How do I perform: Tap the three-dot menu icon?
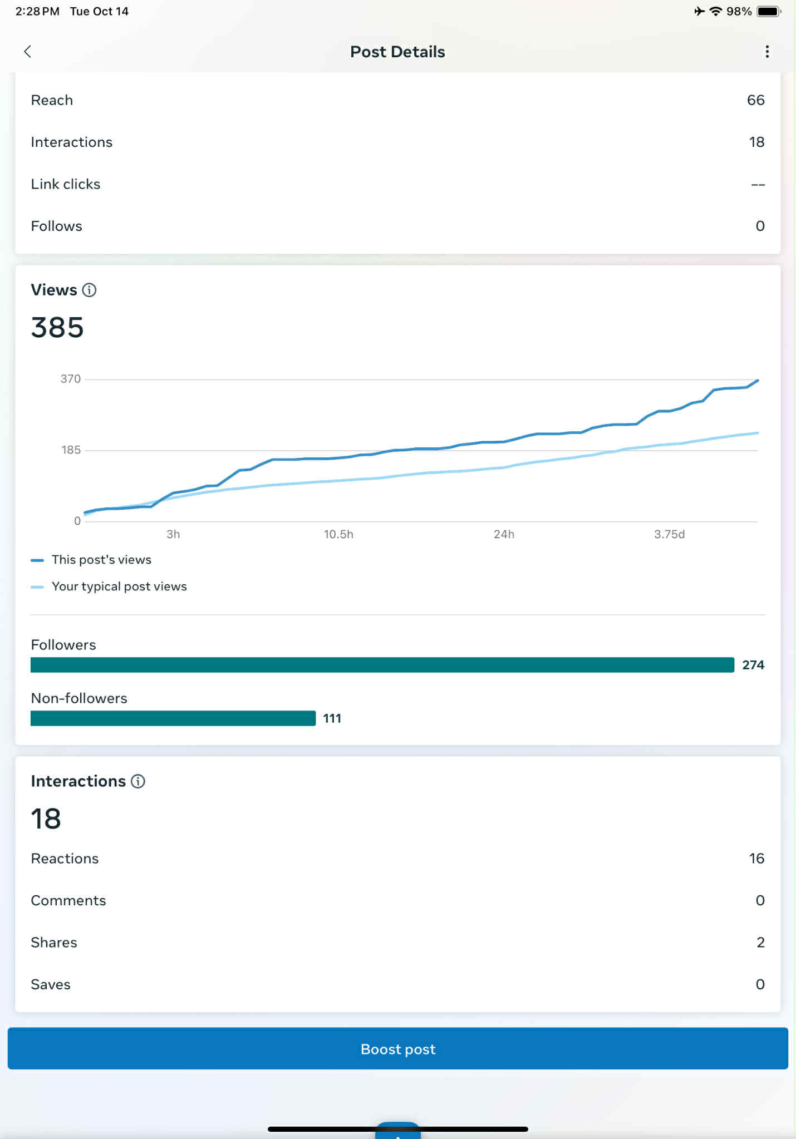point(767,52)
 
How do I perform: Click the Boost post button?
point(397,1048)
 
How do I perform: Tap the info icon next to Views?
point(89,290)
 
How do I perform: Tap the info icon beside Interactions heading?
point(138,781)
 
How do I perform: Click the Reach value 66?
point(755,100)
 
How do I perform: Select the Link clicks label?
point(66,184)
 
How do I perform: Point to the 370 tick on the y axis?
point(71,379)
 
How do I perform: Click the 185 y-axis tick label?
point(71,450)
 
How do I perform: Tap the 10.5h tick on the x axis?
point(338,534)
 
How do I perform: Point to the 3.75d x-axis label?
point(669,534)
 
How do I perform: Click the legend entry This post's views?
point(101,560)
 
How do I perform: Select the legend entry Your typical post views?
point(119,586)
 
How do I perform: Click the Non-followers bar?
point(173,718)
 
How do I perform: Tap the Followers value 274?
point(753,665)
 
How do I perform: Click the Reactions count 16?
point(756,859)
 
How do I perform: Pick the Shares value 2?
point(760,942)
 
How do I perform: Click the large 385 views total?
point(57,327)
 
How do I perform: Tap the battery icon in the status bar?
point(769,11)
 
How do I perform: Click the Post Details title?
point(397,52)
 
